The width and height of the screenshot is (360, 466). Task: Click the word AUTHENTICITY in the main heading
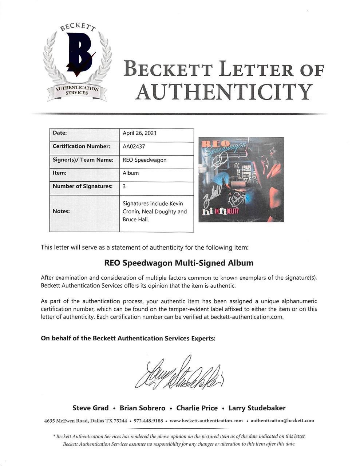tap(224, 92)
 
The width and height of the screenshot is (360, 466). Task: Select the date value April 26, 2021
tap(139, 133)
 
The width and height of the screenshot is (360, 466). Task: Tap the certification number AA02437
tap(134, 146)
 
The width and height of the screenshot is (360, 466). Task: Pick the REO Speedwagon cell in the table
tap(145, 160)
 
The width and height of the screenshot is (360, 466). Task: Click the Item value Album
tap(131, 173)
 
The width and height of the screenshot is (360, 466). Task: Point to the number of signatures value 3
tap(124, 186)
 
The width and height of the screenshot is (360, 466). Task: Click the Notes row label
tap(62, 211)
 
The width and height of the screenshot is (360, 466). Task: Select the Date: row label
tap(60, 133)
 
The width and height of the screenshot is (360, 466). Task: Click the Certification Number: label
tap(81, 146)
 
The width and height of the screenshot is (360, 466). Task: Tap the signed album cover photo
tap(241, 179)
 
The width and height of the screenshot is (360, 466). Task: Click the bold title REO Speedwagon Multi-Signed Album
tap(179, 263)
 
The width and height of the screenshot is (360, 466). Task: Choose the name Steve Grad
tap(90, 408)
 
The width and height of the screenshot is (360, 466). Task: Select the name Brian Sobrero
tap(142, 408)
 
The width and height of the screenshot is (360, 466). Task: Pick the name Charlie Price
tap(197, 408)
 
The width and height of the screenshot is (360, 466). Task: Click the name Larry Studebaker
tap(257, 408)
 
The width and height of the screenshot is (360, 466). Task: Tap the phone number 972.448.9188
tap(148, 421)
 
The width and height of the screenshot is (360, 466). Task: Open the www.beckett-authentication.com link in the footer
tap(206, 421)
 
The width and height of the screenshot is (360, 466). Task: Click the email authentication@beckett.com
tap(282, 421)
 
